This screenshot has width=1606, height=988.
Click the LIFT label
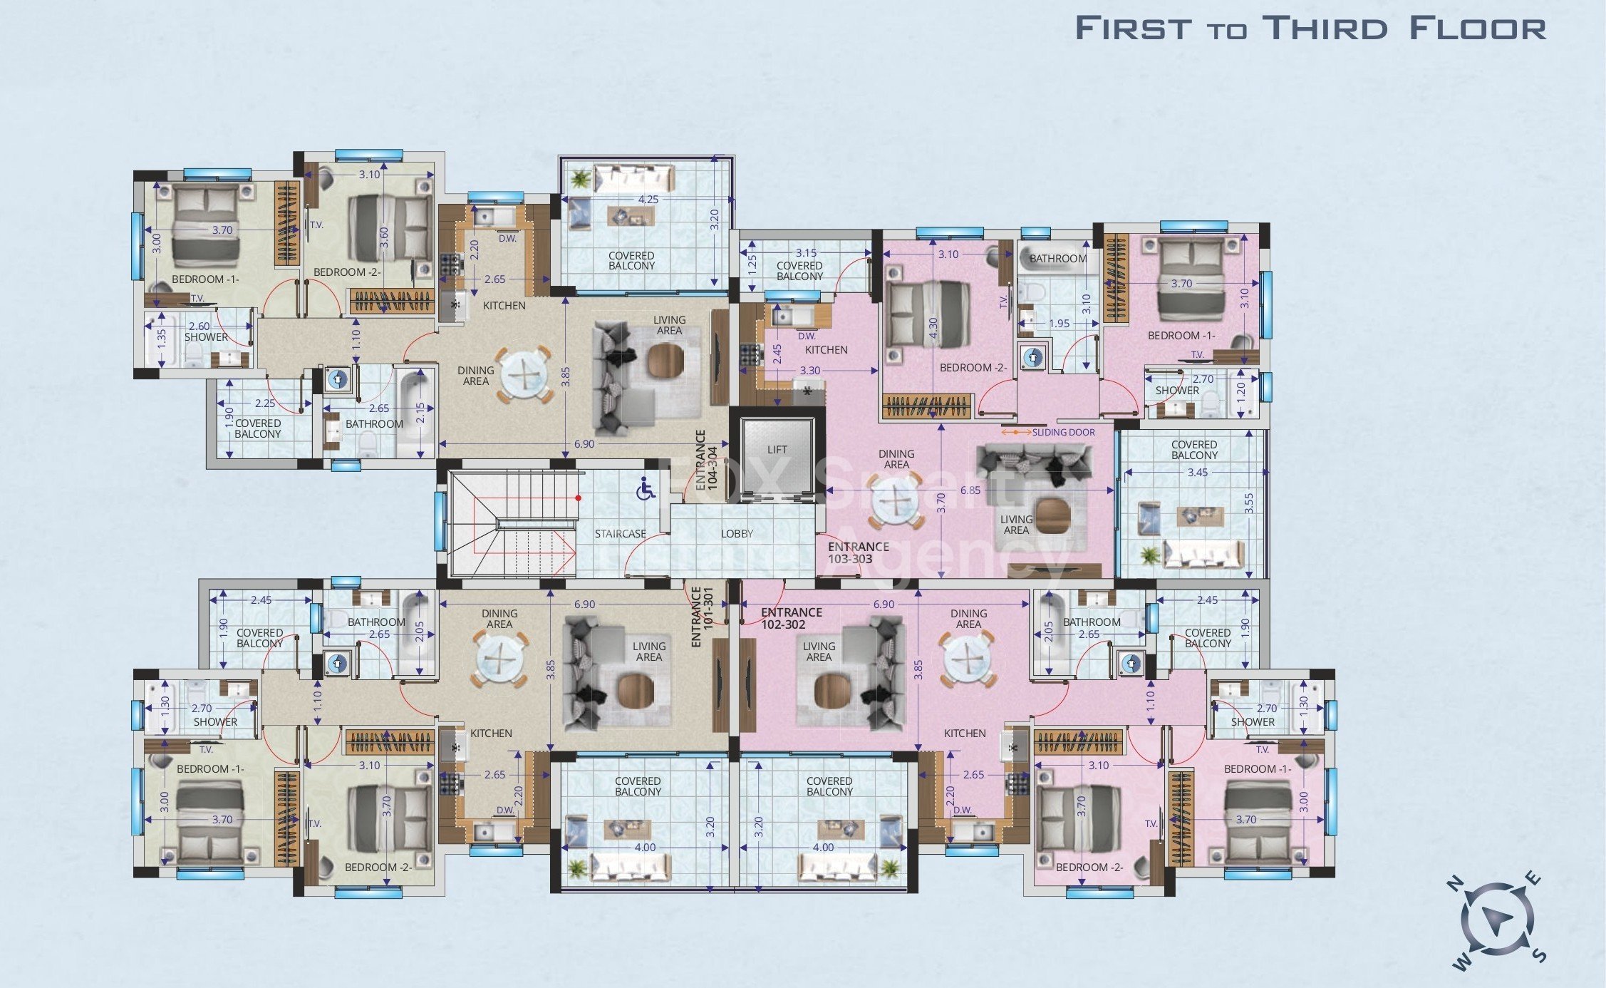(777, 450)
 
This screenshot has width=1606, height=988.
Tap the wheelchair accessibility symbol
(646, 489)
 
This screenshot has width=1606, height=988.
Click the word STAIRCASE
(620, 534)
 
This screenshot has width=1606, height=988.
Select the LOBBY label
(737, 534)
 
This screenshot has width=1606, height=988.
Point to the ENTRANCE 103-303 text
(858, 553)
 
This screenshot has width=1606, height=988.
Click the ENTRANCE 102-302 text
(790, 619)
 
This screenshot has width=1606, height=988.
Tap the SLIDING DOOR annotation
(1062, 433)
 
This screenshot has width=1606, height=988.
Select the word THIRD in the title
(1325, 29)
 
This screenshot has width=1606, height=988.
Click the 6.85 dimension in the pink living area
(970, 490)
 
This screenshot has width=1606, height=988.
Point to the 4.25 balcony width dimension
(648, 200)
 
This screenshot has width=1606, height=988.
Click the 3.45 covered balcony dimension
(1197, 473)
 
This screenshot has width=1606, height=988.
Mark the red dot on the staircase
(579, 498)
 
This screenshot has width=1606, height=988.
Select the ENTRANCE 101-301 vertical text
(702, 617)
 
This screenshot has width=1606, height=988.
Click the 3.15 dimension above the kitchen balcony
(806, 253)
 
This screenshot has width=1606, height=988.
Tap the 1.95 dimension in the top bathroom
(1059, 324)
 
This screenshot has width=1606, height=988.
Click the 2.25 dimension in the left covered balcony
(264, 403)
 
